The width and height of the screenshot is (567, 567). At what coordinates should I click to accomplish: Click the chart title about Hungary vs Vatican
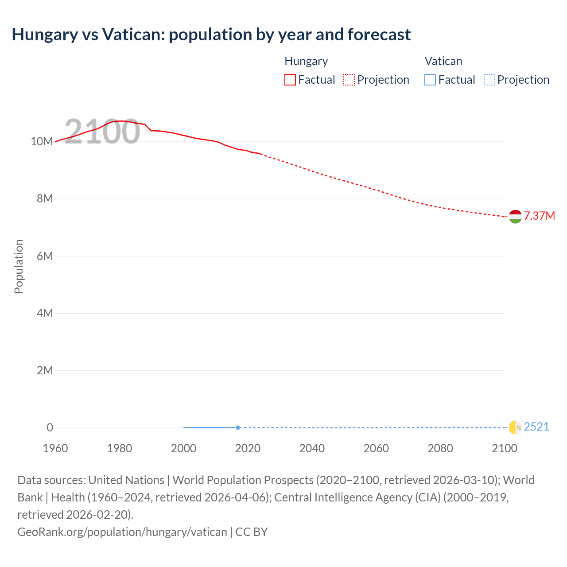pos(211,35)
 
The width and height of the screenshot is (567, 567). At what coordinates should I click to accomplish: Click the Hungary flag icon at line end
pos(515,216)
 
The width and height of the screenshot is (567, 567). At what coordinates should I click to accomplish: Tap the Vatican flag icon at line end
pos(515,427)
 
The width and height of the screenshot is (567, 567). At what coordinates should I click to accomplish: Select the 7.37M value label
pos(539,216)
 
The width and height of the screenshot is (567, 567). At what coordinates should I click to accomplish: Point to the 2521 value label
pos(536,427)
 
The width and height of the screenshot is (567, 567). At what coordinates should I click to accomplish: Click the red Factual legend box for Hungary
pos(290,80)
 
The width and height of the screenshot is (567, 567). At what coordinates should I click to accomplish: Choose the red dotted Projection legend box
pos(349,80)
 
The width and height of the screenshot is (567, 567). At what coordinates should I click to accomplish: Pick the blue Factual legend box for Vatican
pos(430,80)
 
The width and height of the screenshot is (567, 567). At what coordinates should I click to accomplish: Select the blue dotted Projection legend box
pos(489,80)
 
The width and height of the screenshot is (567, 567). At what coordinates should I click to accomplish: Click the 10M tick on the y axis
pos(42,141)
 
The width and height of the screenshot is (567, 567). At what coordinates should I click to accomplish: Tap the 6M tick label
pos(45,256)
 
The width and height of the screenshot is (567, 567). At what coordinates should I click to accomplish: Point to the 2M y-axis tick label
pos(45,370)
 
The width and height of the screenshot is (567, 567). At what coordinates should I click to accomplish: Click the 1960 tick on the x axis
pos(55,448)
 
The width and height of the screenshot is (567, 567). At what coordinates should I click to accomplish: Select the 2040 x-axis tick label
pos(312,448)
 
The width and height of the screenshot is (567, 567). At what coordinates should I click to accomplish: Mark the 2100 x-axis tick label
pos(504,448)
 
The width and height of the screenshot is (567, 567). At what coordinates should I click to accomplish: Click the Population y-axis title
pos(19,266)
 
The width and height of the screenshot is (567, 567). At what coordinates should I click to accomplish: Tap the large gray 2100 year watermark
pos(102,132)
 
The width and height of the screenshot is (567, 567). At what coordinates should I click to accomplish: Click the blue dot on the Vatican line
pos(238,427)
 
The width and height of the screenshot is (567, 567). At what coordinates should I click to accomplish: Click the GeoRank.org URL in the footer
pos(122,532)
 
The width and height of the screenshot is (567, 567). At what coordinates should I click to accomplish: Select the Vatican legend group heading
pos(443,61)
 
